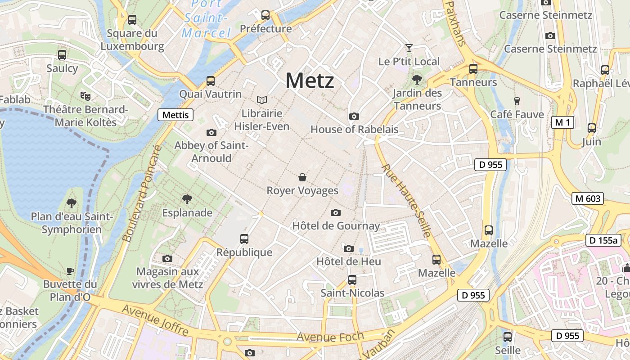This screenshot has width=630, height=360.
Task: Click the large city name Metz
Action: (310, 81)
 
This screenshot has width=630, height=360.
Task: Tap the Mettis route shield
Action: (175, 115)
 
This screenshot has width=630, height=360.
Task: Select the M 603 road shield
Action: (588, 198)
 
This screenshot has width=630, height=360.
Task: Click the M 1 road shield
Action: (562, 122)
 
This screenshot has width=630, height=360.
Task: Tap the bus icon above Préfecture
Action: (265, 15)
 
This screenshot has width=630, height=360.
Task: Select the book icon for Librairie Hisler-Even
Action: (261, 99)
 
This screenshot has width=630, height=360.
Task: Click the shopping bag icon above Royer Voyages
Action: (302, 177)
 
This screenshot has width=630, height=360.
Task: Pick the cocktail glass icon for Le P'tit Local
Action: (409, 48)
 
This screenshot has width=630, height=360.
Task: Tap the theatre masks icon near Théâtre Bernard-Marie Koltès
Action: (85, 96)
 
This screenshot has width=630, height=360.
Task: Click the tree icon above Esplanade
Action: (187, 199)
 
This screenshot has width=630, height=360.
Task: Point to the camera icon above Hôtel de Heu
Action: (348, 248)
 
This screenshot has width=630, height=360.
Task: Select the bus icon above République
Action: (244, 239)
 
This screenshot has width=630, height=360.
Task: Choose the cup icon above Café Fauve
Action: (517, 101)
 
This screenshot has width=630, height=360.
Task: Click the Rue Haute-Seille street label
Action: (406, 200)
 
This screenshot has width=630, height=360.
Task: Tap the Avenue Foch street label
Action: (330, 337)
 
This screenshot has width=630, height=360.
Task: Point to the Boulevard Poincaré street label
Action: (141, 193)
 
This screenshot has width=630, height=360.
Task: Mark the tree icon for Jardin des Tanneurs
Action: (417, 80)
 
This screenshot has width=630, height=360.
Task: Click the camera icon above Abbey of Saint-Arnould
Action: (211, 132)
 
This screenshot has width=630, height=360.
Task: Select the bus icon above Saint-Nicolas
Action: (352, 280)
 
